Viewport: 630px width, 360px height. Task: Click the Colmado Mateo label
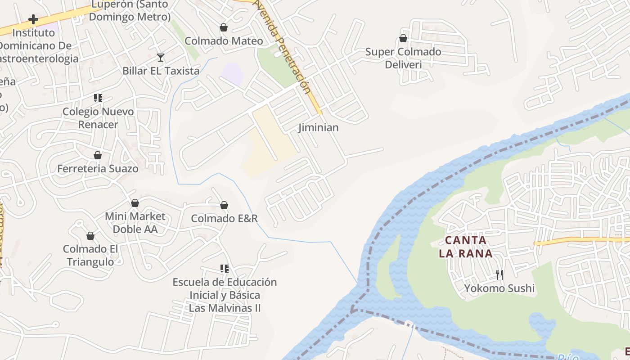click(224, 41)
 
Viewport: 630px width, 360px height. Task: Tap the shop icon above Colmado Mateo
click(224, 28)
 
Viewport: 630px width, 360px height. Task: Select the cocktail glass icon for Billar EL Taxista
click(161, 58)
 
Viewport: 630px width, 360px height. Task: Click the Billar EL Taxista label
click(161, 71)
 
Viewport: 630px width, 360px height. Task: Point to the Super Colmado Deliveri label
click(403, 58)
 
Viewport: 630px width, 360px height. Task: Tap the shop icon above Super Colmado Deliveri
click(403, 39)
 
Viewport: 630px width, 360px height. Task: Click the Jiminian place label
click(319, 127)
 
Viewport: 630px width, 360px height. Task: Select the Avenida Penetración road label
click(282, 47)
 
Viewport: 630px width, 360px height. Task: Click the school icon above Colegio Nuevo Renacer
click(98, 98)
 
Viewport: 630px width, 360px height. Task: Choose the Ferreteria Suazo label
click(98, 168)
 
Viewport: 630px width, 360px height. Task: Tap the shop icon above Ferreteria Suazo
click(98, 155)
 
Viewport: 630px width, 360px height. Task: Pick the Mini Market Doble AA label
click(135, 223)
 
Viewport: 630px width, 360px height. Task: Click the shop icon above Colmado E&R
click(224, 206)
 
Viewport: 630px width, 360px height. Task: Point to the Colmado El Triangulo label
click(90, 255)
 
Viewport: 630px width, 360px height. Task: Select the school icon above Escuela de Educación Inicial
click(225, 269)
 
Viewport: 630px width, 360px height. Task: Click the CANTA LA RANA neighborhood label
click(466, 247)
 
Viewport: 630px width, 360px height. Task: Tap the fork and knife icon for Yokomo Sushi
click(499, 274)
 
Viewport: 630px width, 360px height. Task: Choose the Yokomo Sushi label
click(499, 288)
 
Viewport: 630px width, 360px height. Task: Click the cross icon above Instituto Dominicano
click(33, 19)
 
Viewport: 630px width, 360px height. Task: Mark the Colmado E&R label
click(224, 219)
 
